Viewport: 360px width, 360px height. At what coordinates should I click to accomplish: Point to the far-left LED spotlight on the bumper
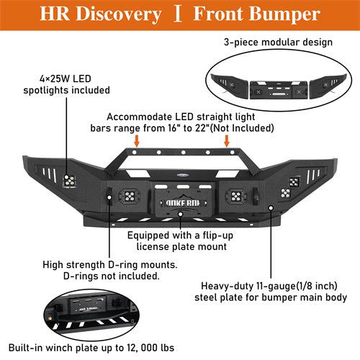pos(71,181)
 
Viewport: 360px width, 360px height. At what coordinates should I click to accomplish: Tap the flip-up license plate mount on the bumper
pos(180,202)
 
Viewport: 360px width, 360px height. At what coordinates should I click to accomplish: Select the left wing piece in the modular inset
pos(228,82)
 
